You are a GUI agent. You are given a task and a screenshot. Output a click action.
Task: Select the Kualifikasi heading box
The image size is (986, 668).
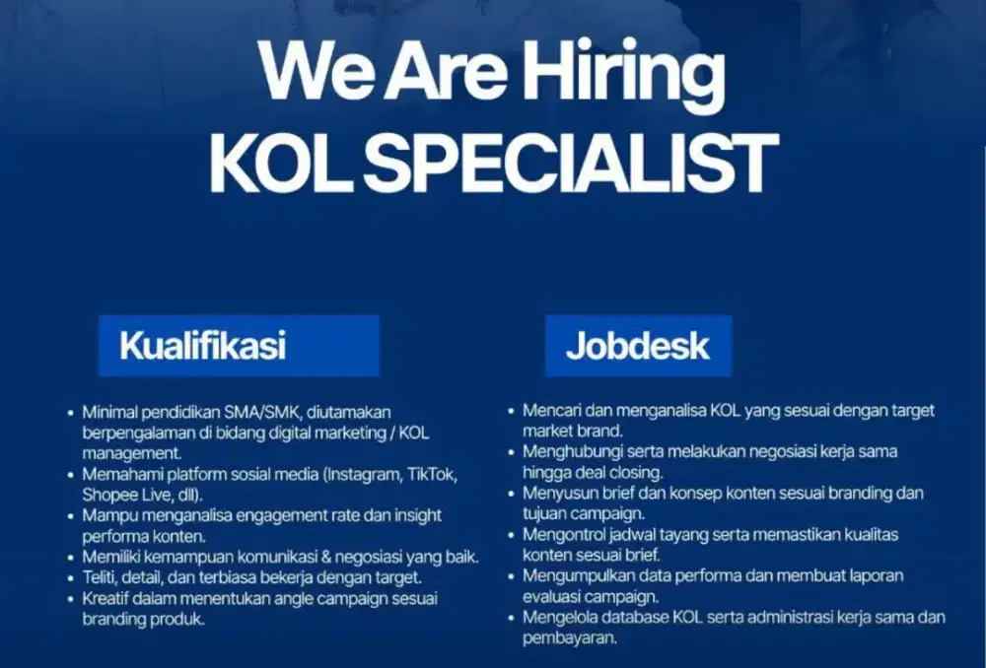pyautogui.click(x=238, y=346)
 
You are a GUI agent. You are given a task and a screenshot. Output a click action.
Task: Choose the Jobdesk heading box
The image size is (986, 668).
pyautogui.click(x=638, y=346)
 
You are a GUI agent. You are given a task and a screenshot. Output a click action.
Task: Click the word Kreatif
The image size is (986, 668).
pyautogui.click(x=106, y=598)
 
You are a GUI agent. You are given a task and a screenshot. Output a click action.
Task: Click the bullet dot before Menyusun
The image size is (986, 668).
pyautogui.click(x=512, y=494)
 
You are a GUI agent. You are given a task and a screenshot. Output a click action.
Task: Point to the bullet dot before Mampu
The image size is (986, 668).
pyautogui.click(x=71, y=516)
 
